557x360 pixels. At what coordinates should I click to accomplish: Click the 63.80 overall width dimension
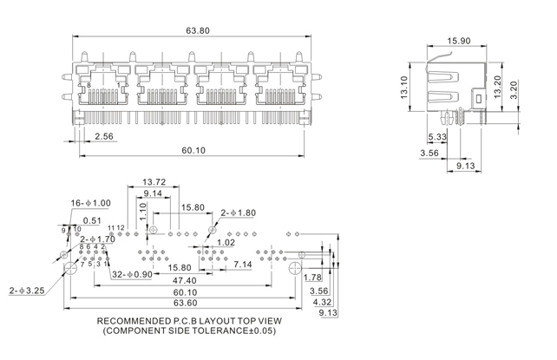coord(198,30)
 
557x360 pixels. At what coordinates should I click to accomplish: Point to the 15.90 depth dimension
coord(459,40)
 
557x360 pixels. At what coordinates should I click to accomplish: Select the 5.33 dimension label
coord(437,138)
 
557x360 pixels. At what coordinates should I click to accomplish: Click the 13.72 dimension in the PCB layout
coord(154,182)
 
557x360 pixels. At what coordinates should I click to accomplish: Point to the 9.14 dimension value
coord(154,193)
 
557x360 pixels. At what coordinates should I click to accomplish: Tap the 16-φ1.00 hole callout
coord(91,203)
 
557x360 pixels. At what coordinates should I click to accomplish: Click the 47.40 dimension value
coord(184,280)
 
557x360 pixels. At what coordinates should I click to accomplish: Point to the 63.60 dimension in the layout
coord(185,303)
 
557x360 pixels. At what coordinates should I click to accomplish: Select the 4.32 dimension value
coord(321,302)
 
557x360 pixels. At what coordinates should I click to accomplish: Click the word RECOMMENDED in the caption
coord(127,319)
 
